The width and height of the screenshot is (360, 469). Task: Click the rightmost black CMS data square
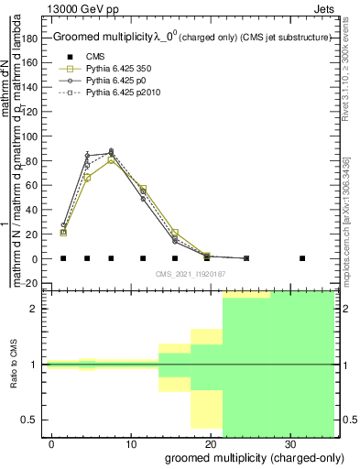pos(302,258)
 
